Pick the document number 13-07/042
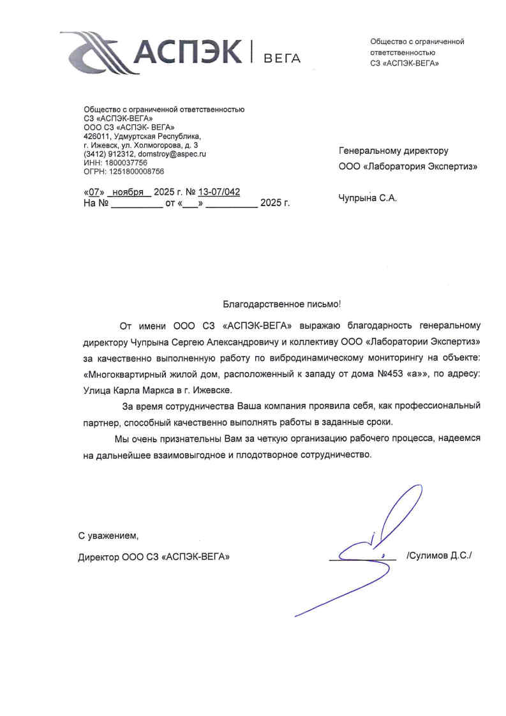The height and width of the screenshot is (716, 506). pos(219,191)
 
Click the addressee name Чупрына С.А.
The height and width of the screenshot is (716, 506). pos(368,198)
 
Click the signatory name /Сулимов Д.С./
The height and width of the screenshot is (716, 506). pos(438,556)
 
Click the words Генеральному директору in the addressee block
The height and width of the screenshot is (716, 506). pos(393,151)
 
